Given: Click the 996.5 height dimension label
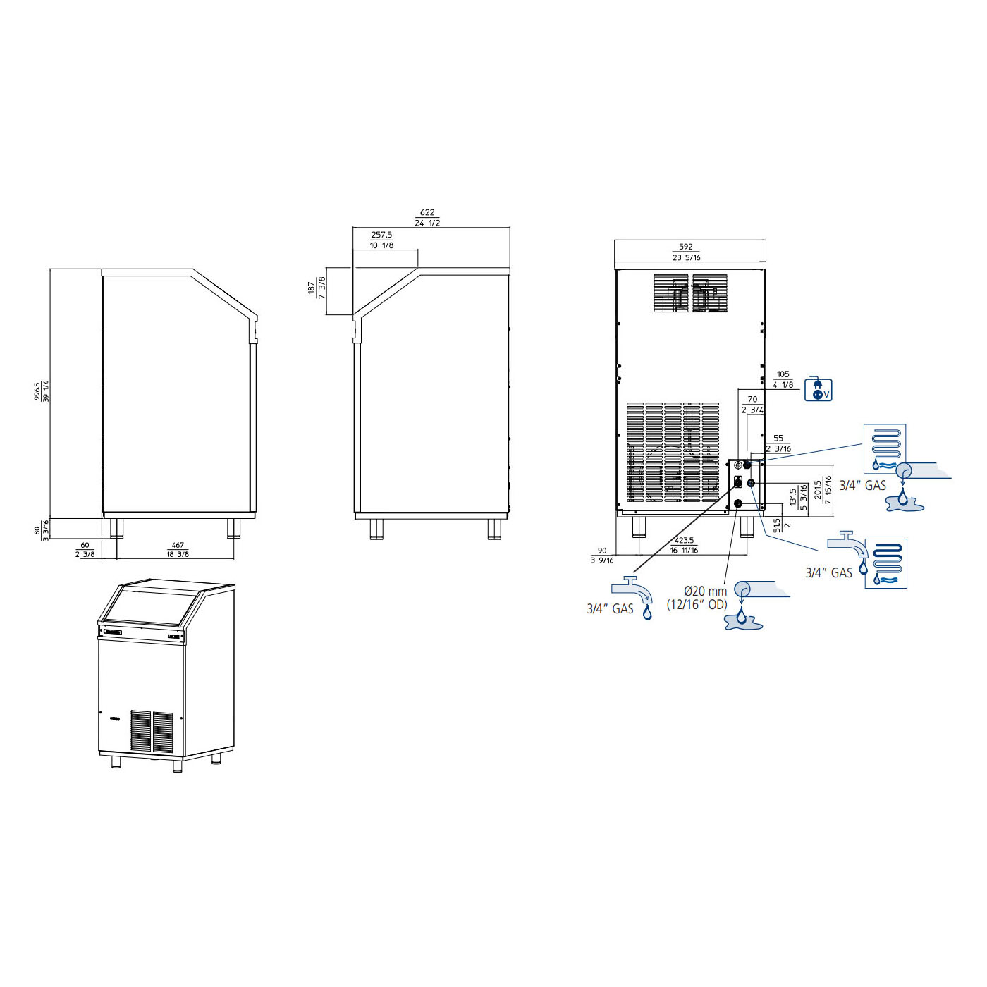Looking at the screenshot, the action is point(37,392).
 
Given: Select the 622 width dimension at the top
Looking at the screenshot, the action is point(427,212).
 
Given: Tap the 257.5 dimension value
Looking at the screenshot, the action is point(381,235).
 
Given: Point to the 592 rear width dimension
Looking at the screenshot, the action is point(685,247).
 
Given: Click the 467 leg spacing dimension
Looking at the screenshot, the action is point(178,545).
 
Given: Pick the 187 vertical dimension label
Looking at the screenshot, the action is point(311,288).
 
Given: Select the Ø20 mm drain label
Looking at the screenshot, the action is point(705,591).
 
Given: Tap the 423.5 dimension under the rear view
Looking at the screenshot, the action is point(684,540).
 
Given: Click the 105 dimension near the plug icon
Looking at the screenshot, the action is point(783,374).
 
